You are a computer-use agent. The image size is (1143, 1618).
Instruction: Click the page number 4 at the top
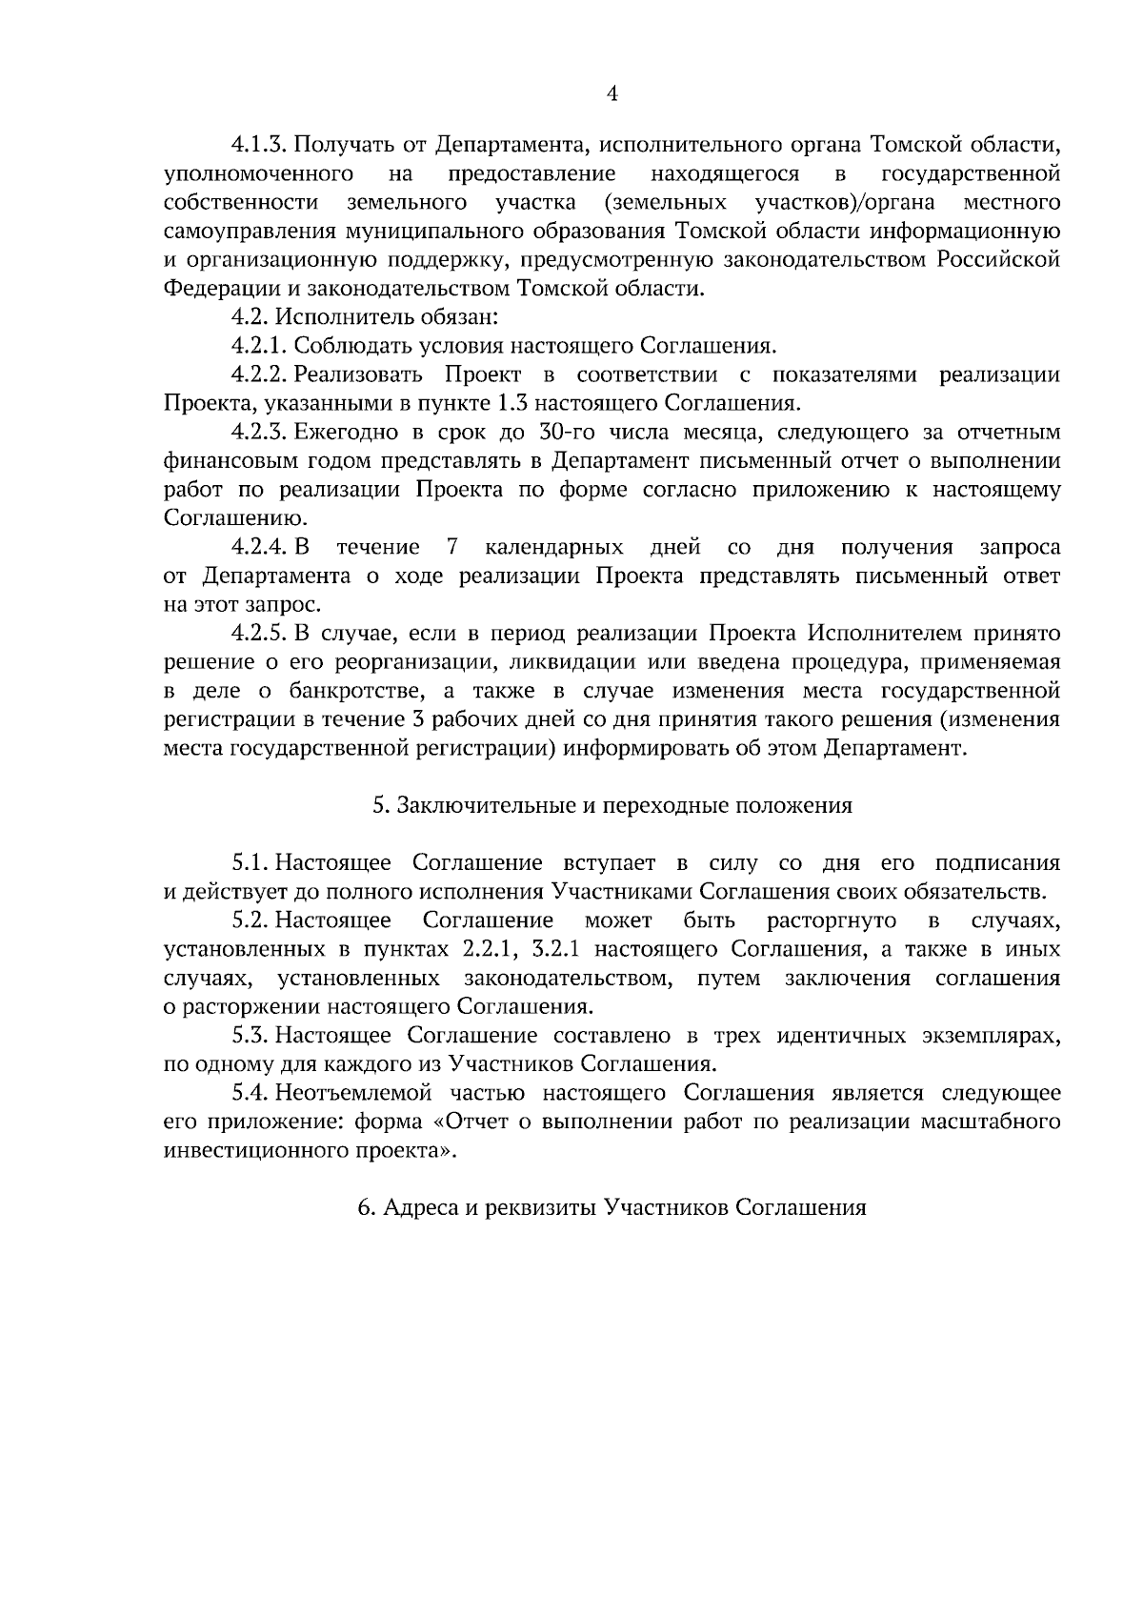pos(612,93)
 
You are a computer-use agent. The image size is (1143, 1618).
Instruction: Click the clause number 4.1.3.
pos(258,146)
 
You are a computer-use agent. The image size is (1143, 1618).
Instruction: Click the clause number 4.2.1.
pos(258,346)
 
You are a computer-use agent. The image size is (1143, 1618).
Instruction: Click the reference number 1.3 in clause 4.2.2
pos(523,403)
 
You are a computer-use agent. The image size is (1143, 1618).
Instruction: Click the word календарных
pos(553,548)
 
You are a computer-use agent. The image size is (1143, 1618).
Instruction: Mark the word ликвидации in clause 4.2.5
pos(539,662)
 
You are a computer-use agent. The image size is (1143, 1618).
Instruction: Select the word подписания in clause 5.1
pos(997,864)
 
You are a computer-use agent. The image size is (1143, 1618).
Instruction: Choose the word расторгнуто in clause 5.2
pos(831,921)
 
